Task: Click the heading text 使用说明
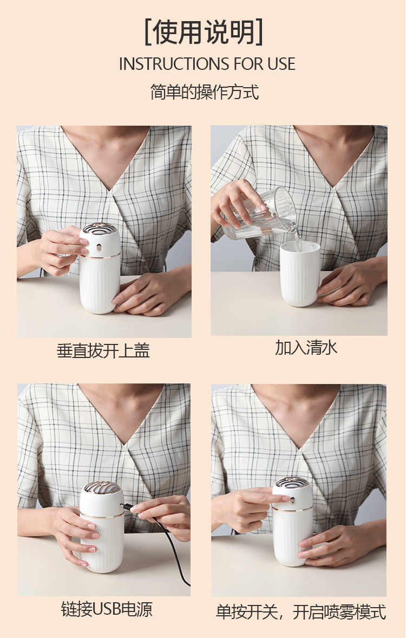(204, 33)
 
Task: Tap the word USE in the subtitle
(281, 64)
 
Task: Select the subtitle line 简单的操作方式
(204, 92)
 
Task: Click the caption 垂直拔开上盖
(103, 351)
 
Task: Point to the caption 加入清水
(306, 348)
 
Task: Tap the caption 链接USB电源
(107, 609)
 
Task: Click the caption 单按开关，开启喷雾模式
(301, 612)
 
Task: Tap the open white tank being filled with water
(300, 274)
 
